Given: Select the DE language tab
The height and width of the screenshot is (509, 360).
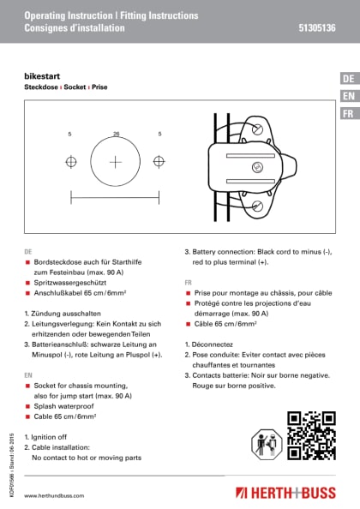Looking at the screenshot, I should [348, 79].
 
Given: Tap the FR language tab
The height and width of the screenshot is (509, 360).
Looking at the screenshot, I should [348, 114].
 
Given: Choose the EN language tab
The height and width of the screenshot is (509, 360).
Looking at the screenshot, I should [348, 96].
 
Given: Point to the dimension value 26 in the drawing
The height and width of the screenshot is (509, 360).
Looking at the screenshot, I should [116, 134].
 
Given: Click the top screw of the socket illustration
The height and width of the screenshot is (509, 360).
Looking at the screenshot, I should [258, 129].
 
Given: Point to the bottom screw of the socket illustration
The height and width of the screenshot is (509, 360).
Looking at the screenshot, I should [258, 204].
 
